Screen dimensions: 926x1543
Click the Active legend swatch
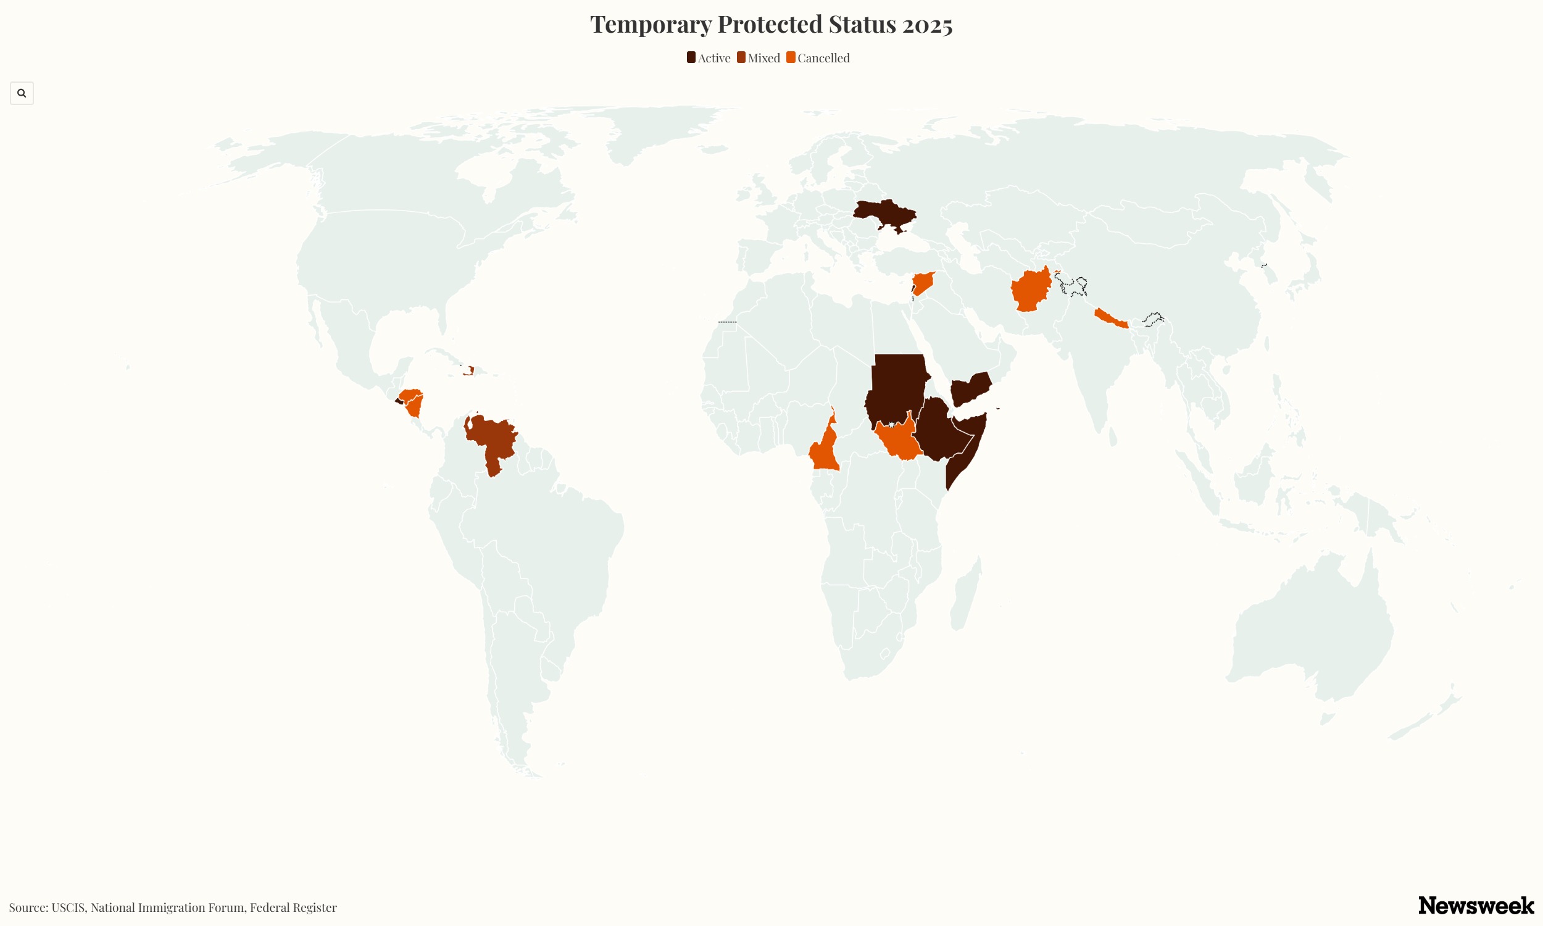[x=691, y=57]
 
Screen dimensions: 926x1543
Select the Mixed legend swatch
[x=741, y=57]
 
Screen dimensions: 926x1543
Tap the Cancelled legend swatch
[x=791, y=57]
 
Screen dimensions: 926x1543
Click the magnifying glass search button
[x=22, y=93]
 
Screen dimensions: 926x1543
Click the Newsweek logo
[x=1476, y=906]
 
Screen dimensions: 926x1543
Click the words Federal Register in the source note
[x=293, y=907]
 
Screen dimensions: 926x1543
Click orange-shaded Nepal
[x=1110, y=318]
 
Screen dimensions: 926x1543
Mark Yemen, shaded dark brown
[x=970, y=389]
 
